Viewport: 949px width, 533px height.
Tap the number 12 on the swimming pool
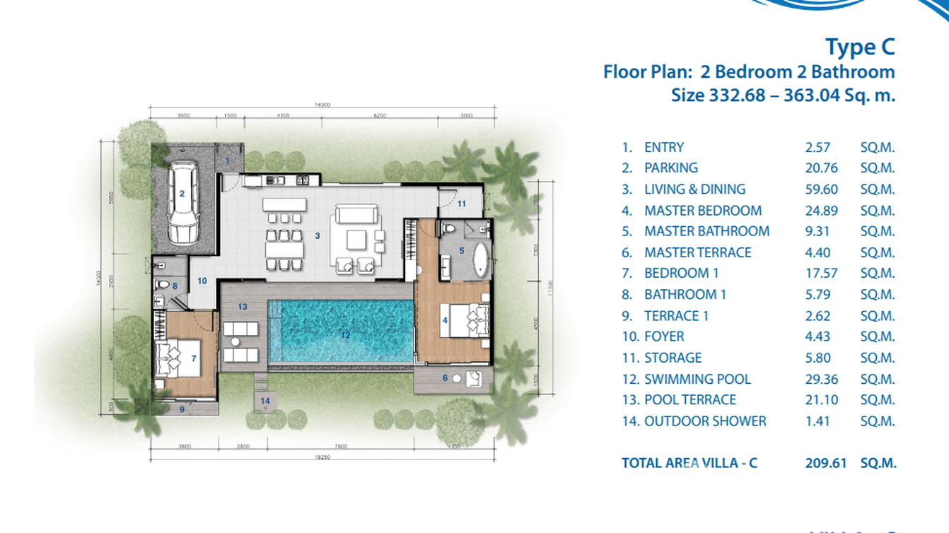pyautogui.click(x=344, y=335)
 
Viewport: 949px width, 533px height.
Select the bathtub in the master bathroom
pyautogui.click(x=480, y=259)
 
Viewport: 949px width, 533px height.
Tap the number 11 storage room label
pyautogui.click(x=461, y=204)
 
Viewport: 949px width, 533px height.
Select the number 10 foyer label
pyautogui.click(x=202, y=281)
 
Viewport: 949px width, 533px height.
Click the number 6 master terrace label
pyautogui.click(x=446, y=377)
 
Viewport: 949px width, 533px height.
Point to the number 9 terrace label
pyautogui.click(x=182, y=409)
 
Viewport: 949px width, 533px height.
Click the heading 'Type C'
pyautogui.click(x=860, y=47)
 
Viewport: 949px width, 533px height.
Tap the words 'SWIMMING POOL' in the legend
pyautogui.click(x=697, y=379)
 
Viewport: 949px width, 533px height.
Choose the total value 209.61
pyautogui.click(x=826, y=464)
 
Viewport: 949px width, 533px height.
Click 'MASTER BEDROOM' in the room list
pyautogui.click(x=703, y=211)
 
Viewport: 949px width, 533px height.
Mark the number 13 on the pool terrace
pyautogui.click(x=242, y=307)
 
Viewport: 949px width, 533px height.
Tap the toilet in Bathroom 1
pyautogui.click(x=161, y=285)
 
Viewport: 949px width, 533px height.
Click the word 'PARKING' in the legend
pyautogui.click(x=670, y=168)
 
